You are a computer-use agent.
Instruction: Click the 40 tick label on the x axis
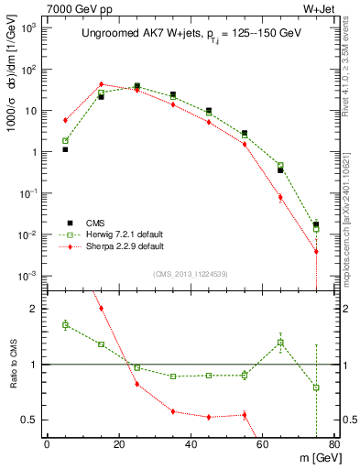point(191,446)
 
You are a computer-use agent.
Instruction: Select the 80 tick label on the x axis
point(334,446)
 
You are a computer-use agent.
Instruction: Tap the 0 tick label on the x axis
point(47,446)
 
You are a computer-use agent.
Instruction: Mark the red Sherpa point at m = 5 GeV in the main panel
point(65,120)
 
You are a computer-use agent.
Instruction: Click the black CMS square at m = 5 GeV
point(65,149)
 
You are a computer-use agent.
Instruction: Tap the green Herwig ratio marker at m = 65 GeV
point(280,343)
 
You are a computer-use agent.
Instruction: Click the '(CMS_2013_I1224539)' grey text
point(190,274)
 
